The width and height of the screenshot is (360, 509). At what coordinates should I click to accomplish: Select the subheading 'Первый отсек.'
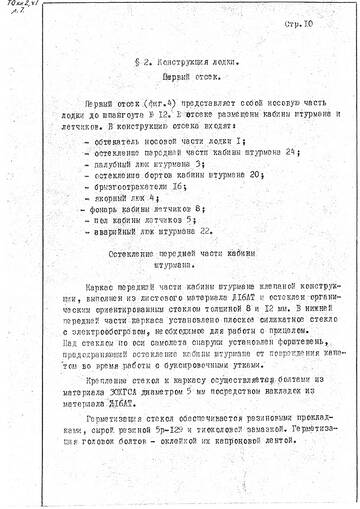(x=187, y=76)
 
